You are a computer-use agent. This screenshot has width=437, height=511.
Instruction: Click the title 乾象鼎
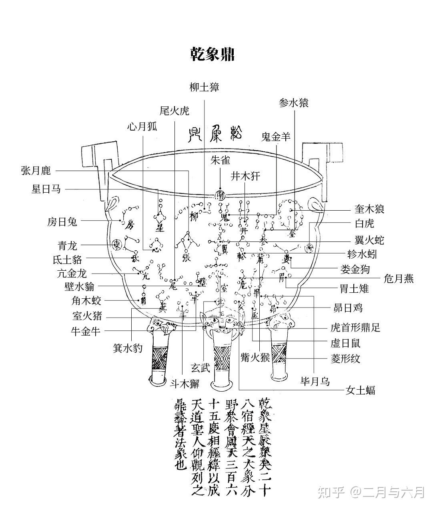212,54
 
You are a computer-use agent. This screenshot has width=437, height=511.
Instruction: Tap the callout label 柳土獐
204,87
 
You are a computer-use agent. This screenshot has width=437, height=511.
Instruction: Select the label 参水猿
294,103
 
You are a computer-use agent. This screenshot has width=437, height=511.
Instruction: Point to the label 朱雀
220,161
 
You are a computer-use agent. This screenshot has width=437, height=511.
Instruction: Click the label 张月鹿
36,171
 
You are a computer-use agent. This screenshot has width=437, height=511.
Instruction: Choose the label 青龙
67,245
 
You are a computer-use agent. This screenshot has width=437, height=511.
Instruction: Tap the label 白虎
365,223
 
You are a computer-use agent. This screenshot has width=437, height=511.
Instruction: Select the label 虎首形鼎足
355,328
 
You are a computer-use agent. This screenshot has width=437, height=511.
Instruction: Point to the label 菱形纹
345,358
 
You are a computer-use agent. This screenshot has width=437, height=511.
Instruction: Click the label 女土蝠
361,390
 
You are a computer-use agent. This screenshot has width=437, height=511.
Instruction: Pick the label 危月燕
398,278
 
